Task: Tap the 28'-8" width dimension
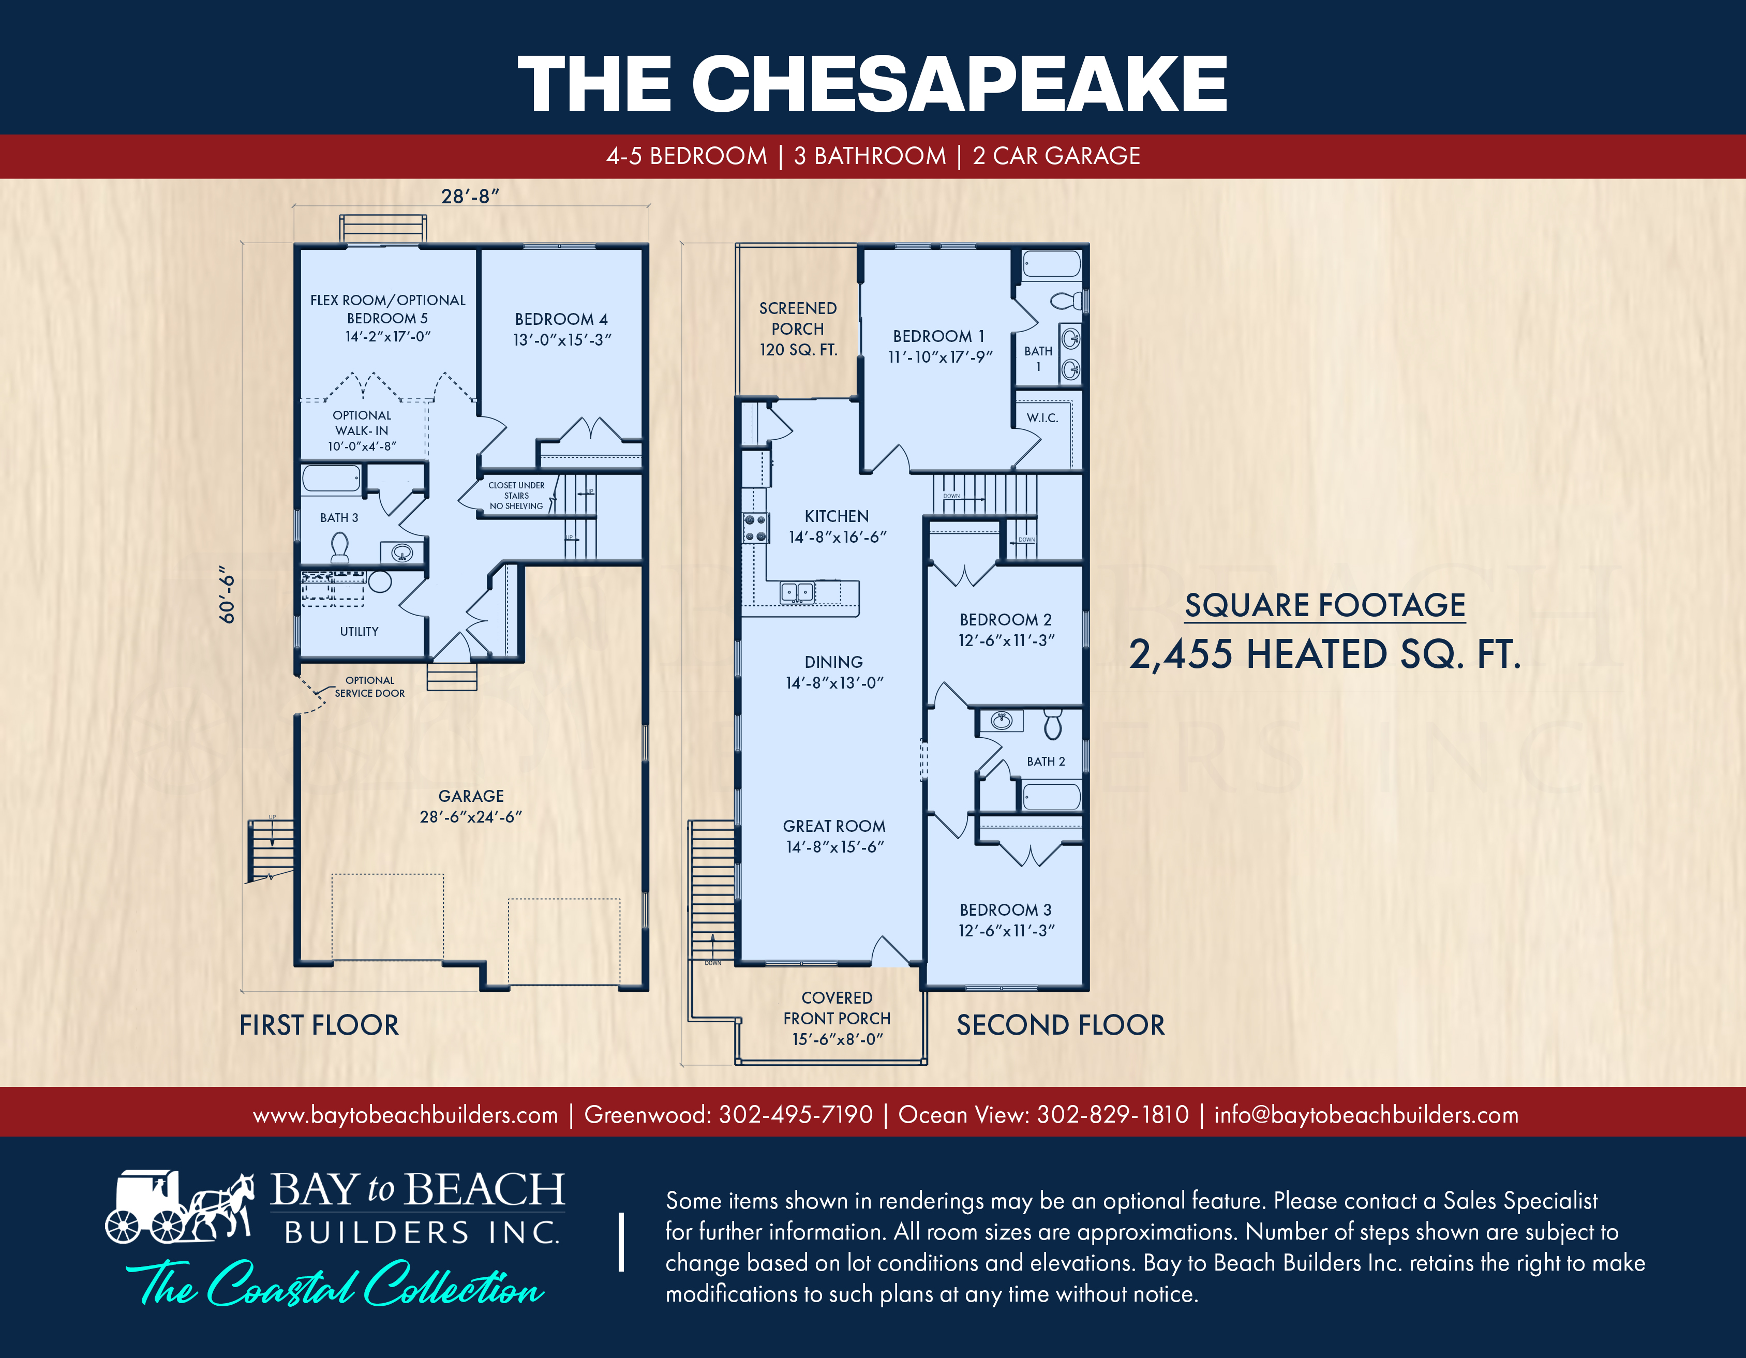pos(470,196)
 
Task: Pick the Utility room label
pos(359,632)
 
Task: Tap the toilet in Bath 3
pos(340,547)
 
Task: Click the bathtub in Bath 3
pos(332,480)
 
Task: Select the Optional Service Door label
pos(369,687)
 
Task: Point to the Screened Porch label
pos(798,329)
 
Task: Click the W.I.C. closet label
pos(1042,417)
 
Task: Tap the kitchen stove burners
pos(755,528)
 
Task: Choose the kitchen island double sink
pos(797,592)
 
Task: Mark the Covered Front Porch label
pos(837,1018)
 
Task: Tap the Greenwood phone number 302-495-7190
pos(796,1114)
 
